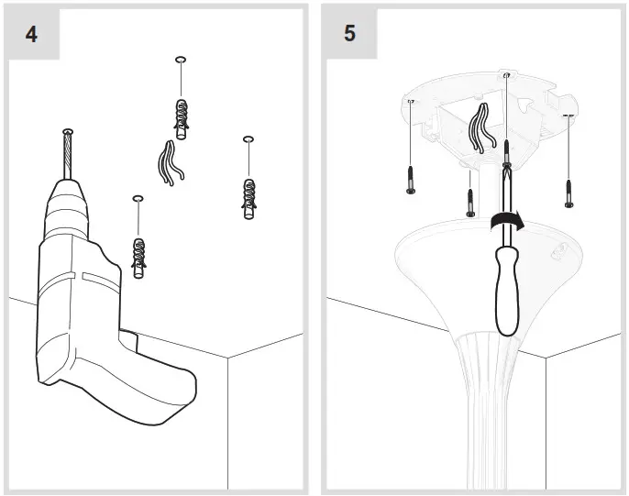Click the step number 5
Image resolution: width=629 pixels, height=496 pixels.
point(349,34)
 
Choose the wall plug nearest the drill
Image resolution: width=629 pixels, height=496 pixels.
point(138,257)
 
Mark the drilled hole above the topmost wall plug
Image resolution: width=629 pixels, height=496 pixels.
point(181,61)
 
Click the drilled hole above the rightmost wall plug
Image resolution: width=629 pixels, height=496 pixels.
point(248,139)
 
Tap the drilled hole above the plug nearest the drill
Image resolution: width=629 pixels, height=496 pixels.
point(138,197)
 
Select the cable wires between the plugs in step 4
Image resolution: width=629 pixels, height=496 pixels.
point(168,163)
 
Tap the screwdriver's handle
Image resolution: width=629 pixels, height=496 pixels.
point(506,289)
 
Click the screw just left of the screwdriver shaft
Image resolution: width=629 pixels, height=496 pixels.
point(470,202)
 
